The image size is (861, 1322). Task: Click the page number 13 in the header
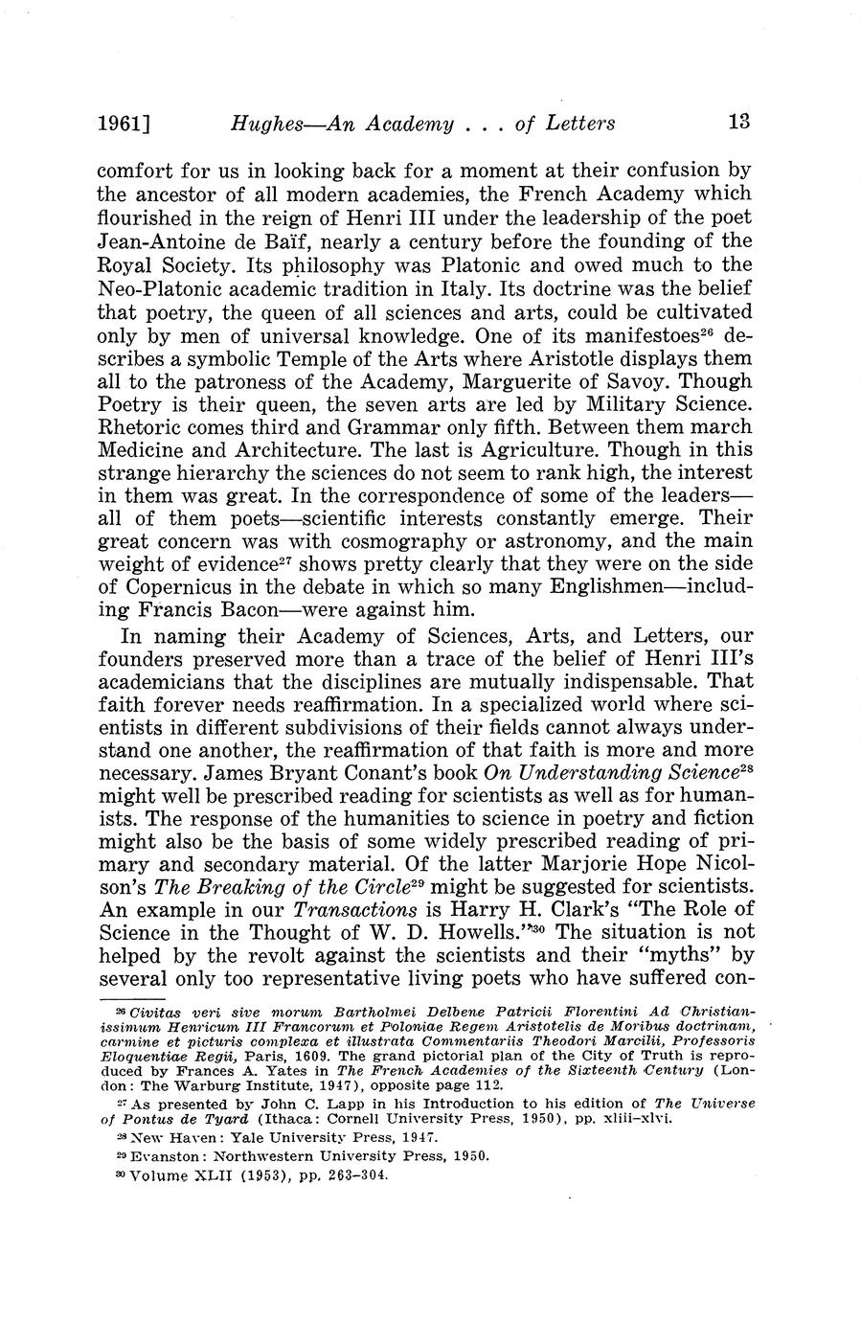coord(738,122)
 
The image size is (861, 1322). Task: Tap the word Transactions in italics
coord(353,909)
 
